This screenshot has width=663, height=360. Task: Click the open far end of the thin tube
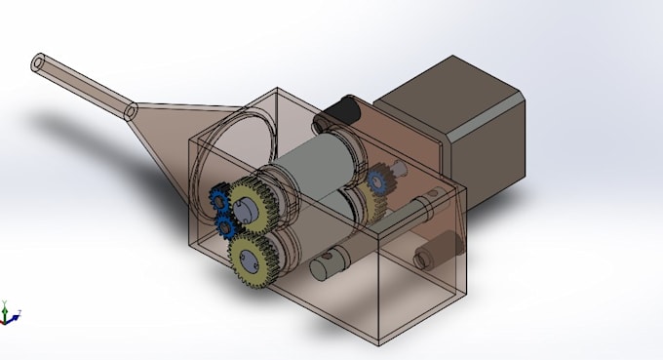tap(39, 63)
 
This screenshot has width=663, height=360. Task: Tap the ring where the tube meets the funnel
tap(130, 113)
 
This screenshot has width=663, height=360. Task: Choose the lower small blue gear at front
tap(227, 227)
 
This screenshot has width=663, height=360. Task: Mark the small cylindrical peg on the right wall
tap(426, 258)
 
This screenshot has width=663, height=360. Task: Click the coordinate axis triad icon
tap(10, 313)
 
